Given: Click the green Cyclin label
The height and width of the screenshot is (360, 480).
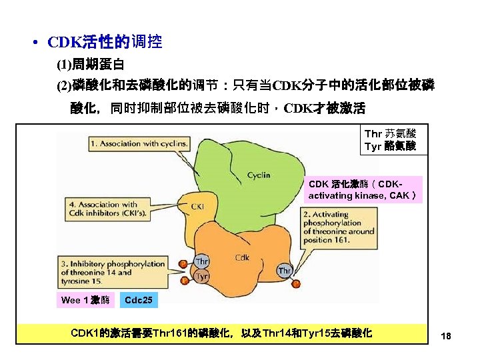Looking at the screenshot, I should pyautogui.click(x=259, y=175).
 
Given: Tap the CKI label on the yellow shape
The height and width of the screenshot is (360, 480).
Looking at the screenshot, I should pyautogui.click(x=197, y=207).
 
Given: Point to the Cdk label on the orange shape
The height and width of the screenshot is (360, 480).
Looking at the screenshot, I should pyautogui.click(x=242, y=257).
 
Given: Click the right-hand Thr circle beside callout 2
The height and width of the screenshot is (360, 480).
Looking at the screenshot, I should pyautogui.click(x=285, y=271).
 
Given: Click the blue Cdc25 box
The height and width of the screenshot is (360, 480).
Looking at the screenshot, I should pyautogui.click(x=139, y=300).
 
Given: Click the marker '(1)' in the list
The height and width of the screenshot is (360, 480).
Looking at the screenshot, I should pyautogui.click(x=64, y=66).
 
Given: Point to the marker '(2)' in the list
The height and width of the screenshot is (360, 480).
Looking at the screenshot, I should pyautogui.click(x=64, y=85).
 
